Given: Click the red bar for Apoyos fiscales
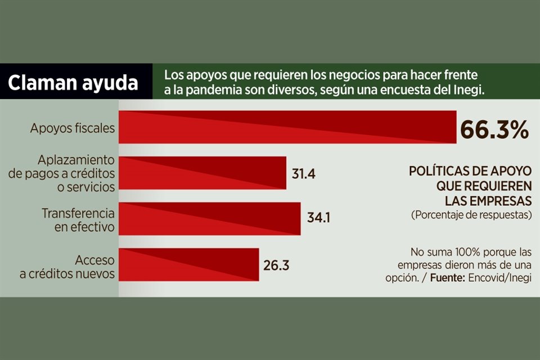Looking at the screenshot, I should (x=287, y=127).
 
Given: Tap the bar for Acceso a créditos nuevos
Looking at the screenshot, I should (x=188, y=264).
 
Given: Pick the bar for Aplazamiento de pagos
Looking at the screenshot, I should (x=202, y=173).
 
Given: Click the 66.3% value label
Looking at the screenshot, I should (x=494, y=130).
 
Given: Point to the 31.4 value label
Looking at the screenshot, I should (x=303, y=173).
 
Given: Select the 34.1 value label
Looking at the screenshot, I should (x=318, y=217).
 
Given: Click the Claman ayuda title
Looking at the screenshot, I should (x=73, y=83).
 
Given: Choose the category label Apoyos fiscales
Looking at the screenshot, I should (x=72, y=128).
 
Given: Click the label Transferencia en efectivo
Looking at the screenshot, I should (x=78, y=220).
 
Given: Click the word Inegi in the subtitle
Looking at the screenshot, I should (x=470, y=91).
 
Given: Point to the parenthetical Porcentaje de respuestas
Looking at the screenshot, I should (x=471, y=215).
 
